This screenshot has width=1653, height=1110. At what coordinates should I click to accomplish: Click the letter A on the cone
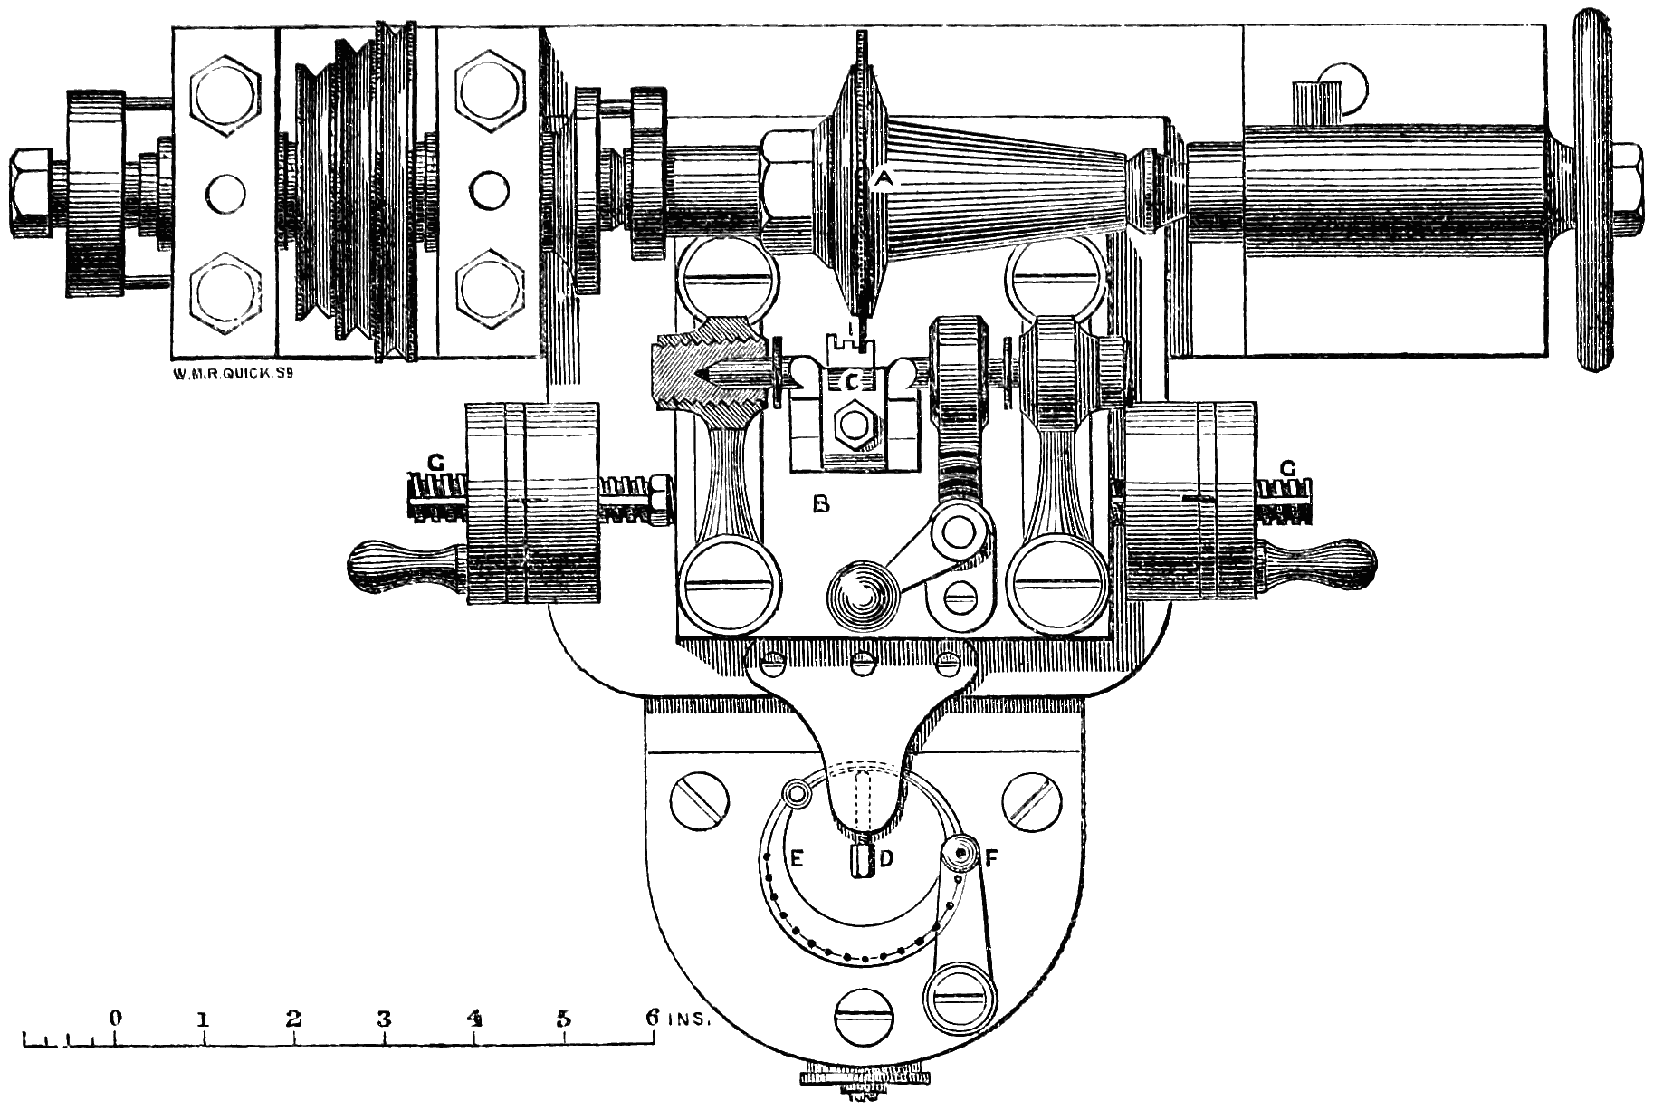[x=884, y=179]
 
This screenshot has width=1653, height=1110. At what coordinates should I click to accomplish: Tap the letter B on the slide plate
[x=821, y=503]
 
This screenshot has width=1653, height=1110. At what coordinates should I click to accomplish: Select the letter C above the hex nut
[x=851, y=382]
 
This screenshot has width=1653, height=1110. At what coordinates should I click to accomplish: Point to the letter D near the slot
[x=887, y=857]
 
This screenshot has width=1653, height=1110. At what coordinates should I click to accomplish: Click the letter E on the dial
[x=797, y=857]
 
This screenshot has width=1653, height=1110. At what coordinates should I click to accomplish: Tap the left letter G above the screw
[x=436, y=464]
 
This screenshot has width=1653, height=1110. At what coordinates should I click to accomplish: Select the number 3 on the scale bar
[x=384, y=1018]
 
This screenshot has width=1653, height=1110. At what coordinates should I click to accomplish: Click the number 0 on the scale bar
[x=115, y=1018]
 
